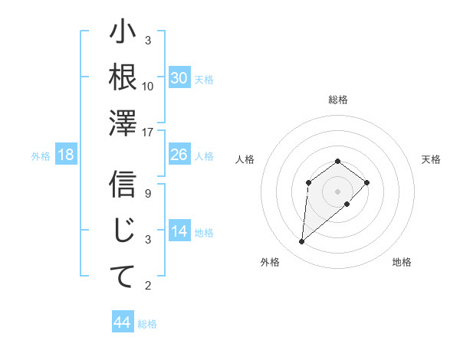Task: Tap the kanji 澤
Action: pyautogui.click(x=123, y=123)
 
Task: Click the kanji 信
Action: pyautogui.click(x=123, y=185)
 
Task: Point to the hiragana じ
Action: pyautogui.click(x=123, y=231)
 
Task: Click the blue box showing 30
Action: pyautogui.click(x=179, y=78)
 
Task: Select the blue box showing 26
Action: pyautogui.click(x=179, y=155)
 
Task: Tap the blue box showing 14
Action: pyautogui.click(x=179, y=231)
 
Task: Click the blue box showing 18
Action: pyautogui.click(x=66, y=155)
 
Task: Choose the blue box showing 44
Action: pyautogui.click(x=123, y=322)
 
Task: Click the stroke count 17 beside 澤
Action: pyautogui.click(x=148, y=133)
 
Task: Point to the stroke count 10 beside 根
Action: pyautogui.click(x=148, y=87)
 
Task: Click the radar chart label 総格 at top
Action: pyautogui.click(x=337, y=100)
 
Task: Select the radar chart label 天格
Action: pyautogui.click(x=431, y=159)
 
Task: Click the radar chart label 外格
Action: pyautogui.click(x=270, y=262)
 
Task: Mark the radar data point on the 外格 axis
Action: pyautogui.click(x=302, y=242)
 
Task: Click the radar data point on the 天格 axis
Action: pyautogui.click(x=367, y=182)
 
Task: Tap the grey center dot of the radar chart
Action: pyautogui.click(x=337, y=191)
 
